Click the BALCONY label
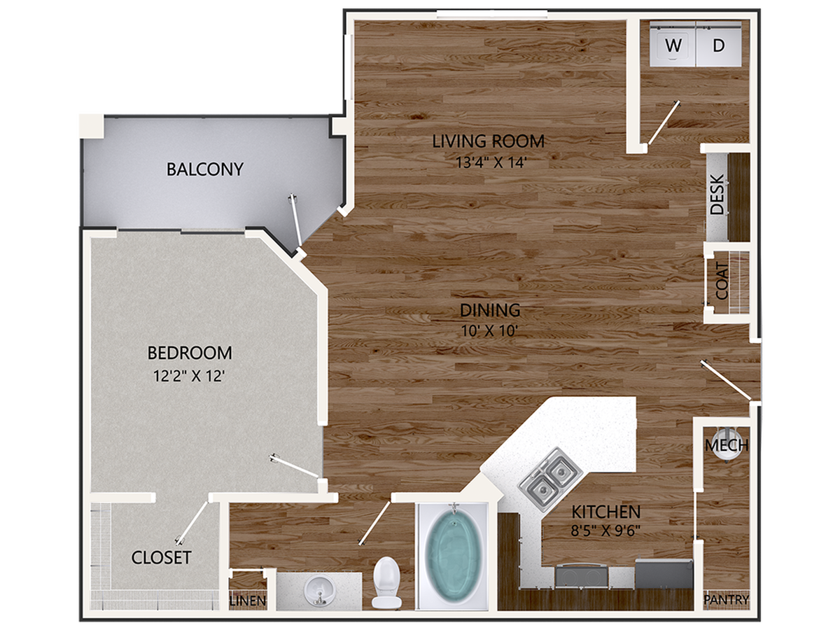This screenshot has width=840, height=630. (x=205, y=169)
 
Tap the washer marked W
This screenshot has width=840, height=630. (x=673, y=46)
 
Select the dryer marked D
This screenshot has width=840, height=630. (x=719, y=46)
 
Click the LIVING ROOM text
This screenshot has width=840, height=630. (x=488, y=141)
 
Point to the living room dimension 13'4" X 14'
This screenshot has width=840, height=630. (x=488, y=162)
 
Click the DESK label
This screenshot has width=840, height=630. (x=717, y=194)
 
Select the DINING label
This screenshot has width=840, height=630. (x=489, y=309)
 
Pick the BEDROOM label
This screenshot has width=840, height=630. (x=189, y=352)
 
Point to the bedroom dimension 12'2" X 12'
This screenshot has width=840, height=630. (x=189, y=376)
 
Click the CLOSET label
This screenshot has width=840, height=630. (x=161, y=557)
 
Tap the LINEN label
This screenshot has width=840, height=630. (x=248, y=601)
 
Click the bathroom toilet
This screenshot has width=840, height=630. (x=386, y=580)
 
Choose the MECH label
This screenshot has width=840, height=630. (x=727, y=445)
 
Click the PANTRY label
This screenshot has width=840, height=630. (x=727, y=600)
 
